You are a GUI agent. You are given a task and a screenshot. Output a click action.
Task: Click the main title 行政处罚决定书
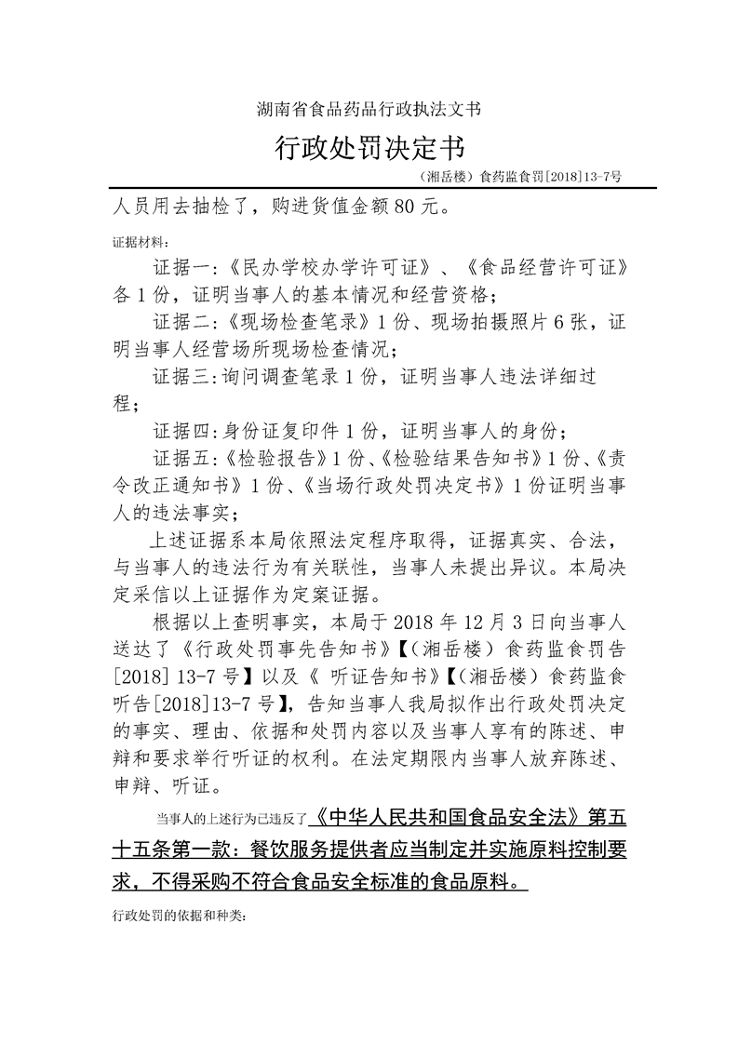369,148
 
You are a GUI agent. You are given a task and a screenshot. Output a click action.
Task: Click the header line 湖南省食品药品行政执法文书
369,110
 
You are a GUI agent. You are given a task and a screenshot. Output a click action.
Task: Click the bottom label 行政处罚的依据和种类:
179,916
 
